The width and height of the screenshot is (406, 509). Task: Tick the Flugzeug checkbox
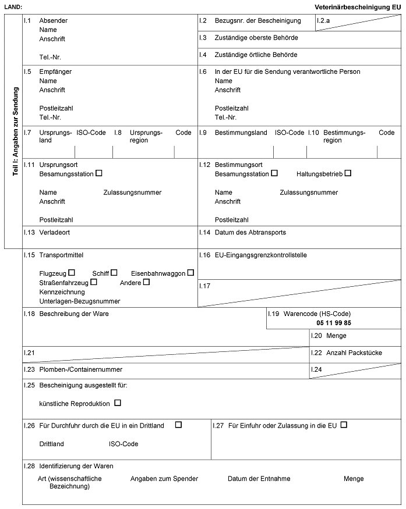pyautogui.click(x=72, y=272)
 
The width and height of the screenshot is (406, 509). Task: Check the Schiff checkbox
pyautogui.click(x=114, y=272)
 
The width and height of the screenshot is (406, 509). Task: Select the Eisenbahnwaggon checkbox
pyautogui.click(x=190, y=272)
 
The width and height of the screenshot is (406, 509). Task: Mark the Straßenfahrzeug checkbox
pyautogui.click(x=94, y=282)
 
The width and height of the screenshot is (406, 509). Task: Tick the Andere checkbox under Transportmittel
pyautogui.click(x=146, y=282)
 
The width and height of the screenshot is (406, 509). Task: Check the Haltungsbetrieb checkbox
pyautogui.click(x=348, y=173)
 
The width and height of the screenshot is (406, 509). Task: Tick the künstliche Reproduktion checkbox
pyautogui.click(x=118, y=403)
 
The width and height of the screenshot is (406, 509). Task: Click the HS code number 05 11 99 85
pyautogui.click(x=334, y=323)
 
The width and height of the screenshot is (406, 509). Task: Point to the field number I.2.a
pyautogui.click(x=323, y=21)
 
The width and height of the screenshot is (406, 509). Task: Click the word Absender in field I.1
pyautogui.click(x=54, y=21)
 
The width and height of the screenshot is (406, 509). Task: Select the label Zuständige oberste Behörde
pyautogui.click(x=256, y=38)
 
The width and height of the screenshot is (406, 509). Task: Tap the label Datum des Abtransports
pyautogui.click(x=250, y=232)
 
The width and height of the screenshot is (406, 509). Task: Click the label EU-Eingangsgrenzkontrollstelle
pyautogui.click(x=260, y=255)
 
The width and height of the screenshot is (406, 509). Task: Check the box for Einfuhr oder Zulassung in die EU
pyautogui.click(x=344, y=425)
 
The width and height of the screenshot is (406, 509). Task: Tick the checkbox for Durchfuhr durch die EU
pyautogui.click(x=178, y=425)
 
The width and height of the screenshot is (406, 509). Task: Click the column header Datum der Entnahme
pyautogui.click(x=259, y=479)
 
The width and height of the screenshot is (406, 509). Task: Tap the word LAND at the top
pyautogui.click(x=13, y=6)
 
